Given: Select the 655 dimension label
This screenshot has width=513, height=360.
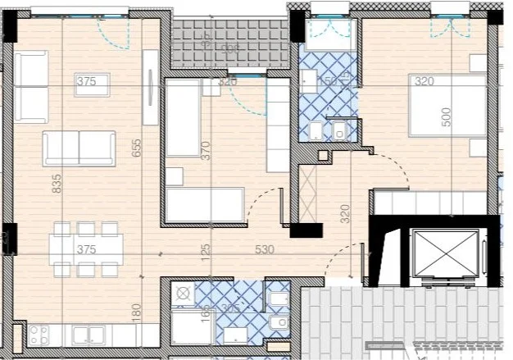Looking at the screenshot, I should (137, 147).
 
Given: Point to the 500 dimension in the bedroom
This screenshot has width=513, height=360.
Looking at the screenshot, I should (447, 116).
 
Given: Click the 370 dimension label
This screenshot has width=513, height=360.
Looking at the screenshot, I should (207, 151).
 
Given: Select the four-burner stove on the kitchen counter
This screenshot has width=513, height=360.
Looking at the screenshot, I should (37, 333).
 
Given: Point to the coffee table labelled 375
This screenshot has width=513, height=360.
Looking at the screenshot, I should (85, 81).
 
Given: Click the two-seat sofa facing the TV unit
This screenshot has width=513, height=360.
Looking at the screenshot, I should (79, 148).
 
